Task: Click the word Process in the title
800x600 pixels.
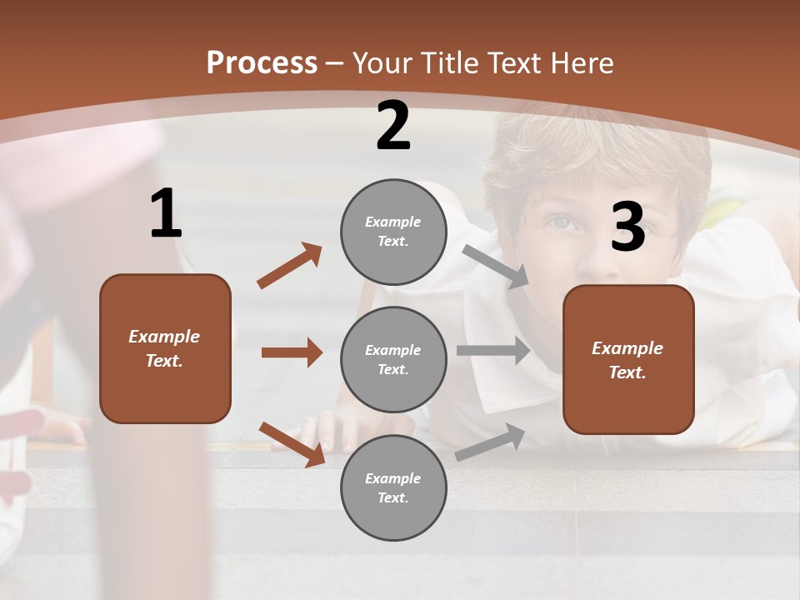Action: point(262,63)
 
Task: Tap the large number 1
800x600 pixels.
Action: point(166,214)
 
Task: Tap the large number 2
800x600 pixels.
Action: point(393,127)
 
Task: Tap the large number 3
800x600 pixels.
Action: point(627,227)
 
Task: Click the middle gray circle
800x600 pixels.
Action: point(393,360)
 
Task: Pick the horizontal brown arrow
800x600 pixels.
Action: point(292,352)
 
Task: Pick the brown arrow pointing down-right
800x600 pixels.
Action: point(292,443)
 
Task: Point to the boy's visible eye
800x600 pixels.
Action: point(562,222)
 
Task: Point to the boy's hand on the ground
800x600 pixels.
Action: point(333,429)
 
